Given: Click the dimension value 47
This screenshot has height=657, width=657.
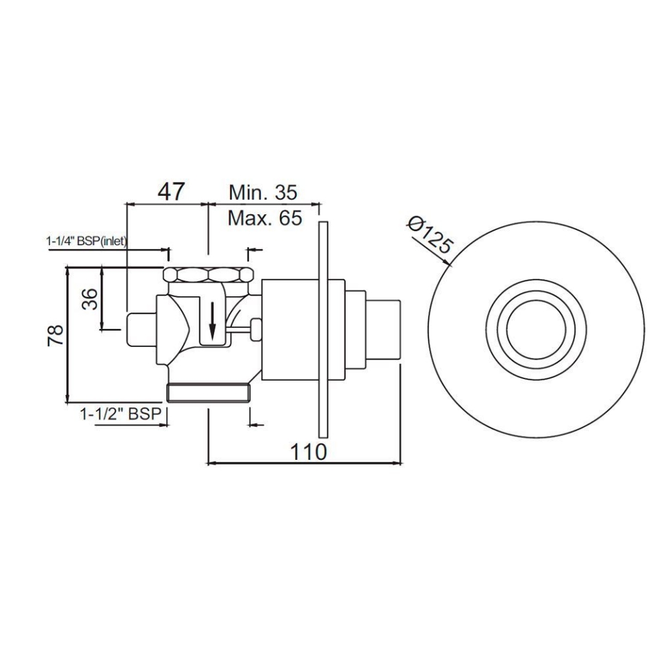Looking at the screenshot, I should click(x=170, y=191).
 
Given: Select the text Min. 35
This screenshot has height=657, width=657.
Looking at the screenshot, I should click(x=263, y=192).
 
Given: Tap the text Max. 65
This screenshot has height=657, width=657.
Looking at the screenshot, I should click(x=264, y=218).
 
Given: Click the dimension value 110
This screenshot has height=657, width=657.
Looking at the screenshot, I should click(x=307, y=451).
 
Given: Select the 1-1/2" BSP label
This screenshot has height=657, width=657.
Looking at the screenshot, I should click(x=120, y=414).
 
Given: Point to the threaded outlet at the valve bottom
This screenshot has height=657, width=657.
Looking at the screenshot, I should click(x=209, y=394).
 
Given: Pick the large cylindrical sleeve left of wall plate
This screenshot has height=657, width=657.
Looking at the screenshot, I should click(x=290, y=329).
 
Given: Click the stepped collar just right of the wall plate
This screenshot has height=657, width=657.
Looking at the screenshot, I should click(x=339, y=328).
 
